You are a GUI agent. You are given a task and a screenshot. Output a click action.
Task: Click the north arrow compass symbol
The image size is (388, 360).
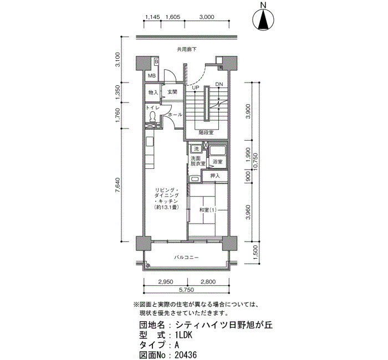(x=263, y=20)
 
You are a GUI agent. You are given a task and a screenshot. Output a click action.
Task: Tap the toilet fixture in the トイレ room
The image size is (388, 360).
(x=152, y=116)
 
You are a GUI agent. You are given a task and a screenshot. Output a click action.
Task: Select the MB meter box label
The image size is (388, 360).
(x=152, y=76)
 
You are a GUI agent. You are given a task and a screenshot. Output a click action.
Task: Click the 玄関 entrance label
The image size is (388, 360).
(x=172, y=92)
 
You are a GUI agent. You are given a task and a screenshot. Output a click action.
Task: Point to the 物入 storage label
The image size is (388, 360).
(x=153, y=92)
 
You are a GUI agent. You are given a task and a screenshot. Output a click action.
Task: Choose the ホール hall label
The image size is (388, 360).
(x=175, y=115)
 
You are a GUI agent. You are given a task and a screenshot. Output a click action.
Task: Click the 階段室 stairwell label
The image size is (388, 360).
(x=206, y=132)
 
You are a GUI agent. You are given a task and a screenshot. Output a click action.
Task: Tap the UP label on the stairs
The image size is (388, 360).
(x=196, y=88)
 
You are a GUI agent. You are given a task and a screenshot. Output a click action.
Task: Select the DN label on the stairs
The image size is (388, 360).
(x=219, y=84)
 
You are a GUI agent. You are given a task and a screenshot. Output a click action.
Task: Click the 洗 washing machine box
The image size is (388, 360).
(x=196, y=149)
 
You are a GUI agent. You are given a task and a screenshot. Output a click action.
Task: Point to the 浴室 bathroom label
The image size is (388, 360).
(x=218, y=162)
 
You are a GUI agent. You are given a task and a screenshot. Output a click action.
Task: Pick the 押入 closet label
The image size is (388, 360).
(x=215, y=176)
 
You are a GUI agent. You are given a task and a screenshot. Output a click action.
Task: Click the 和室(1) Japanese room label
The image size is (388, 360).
(x=208, y=210)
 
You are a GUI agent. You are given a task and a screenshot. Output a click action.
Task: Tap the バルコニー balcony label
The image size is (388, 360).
(x=186, y=258)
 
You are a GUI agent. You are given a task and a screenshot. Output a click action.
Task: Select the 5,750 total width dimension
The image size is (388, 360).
(x=186, y=290)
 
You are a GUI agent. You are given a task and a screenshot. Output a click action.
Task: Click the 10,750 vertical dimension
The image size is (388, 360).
(x=256, y=162)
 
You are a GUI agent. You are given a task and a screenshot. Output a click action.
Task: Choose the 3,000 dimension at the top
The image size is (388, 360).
(x=207, y=17)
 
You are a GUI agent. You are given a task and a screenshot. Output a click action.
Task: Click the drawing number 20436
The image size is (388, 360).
(x=186, y=356)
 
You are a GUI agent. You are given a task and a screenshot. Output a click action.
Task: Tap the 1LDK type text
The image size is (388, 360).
(x=183, y=335)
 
